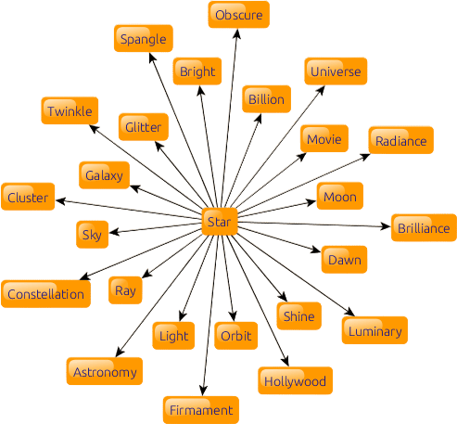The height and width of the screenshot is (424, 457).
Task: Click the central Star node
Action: pos(220,222)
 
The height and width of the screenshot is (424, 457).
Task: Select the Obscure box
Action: pos(239,15)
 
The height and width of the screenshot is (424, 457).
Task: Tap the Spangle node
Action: pos(144,38)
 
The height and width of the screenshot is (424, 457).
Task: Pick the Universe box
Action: pos(336,71)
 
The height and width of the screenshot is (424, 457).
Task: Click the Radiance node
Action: pos(401,140)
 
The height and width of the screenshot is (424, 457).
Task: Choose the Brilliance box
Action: pos(424,227)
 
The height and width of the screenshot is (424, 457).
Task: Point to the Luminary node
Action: pos(374,330)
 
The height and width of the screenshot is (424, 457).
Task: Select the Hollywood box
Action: pos(296,380)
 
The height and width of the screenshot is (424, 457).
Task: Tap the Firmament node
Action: pos(201,410)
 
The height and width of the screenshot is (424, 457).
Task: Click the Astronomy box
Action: pos(105,371)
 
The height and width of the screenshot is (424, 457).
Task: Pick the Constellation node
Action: pos(46,294)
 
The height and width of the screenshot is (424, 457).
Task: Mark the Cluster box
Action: pos(28,197)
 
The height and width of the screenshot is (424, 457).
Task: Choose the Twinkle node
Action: pos(70,110)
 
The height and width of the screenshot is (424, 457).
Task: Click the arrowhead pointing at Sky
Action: pos(114,232)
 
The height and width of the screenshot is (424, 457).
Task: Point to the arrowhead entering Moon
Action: pos(311,202)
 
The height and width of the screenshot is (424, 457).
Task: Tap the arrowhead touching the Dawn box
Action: pos(316,250)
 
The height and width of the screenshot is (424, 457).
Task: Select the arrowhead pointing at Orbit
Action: pos(233,316)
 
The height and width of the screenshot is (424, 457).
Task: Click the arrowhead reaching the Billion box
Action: pos(259,119)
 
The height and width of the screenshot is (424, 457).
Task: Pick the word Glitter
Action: pos(144,127)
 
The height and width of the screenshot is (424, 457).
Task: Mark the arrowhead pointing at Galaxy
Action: pos(135,188)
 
